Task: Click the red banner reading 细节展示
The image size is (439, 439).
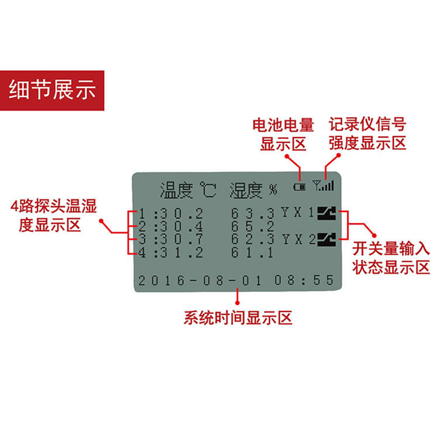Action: pos(52,90)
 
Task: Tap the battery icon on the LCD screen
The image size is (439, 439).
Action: pos(299,187)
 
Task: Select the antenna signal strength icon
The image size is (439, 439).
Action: pos(323,186)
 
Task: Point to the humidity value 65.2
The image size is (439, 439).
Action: pos(252,227)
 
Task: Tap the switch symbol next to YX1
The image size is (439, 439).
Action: pos(327,214)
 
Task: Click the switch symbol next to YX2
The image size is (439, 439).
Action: pos(327,239)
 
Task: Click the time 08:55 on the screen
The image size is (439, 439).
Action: pos(304,280)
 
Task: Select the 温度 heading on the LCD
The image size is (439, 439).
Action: pos(176,190)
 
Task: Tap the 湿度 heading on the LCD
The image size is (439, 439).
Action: pos(246,190)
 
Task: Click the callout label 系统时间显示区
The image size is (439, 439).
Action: pos(238,318)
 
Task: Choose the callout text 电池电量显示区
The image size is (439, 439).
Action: pos(283,135)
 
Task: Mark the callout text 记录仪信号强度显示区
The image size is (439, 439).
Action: pos(368,134)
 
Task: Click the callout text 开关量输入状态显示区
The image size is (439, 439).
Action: pos(391,258)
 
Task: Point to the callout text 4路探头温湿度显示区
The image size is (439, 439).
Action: pos(53,215)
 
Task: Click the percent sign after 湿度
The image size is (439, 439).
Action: pos(273,190)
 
